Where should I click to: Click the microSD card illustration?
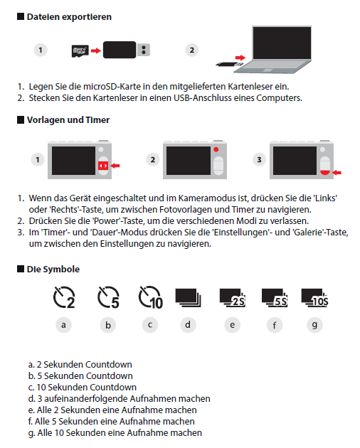(x=80, y=51)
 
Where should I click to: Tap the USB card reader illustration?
(x=127, y=50)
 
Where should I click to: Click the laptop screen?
(x=282, y=43)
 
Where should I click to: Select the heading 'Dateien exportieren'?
(x=69, y=17)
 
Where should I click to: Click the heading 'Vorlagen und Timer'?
(x=68, y=120)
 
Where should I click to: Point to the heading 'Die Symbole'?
(x=53, y=269)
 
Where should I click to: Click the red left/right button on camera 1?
(x=103, y=166)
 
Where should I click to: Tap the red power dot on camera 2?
(x=216, y=149)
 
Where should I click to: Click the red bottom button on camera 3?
(x=325, y=172)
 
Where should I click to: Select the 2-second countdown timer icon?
(x=64, y=297)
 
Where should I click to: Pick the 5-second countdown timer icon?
(x=108, y=297)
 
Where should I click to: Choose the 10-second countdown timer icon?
(x=150, y=297)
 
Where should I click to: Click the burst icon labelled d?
(x=188, y=298)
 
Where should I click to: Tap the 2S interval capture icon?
(x=233, y=298)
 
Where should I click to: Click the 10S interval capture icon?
(x=314, y=298)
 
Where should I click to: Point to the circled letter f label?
(x=275, y=325)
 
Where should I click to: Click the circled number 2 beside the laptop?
(x=192, y=50)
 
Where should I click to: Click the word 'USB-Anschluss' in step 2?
(x=203, y=98)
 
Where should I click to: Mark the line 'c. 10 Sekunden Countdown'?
(x=83, y=387)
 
